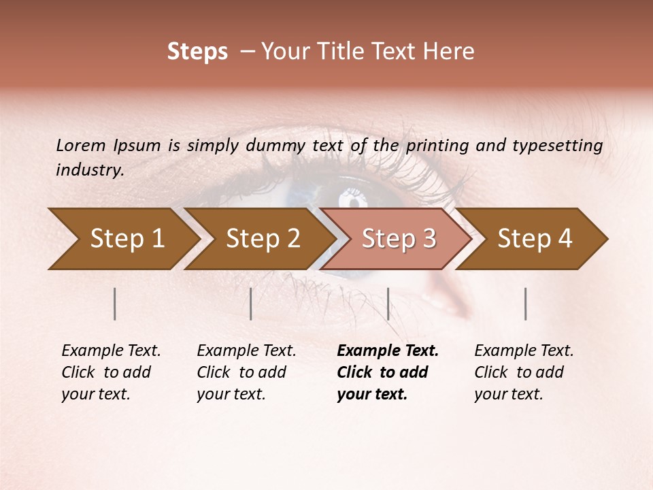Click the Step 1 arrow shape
(122, 239)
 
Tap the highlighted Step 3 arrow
(398, 239)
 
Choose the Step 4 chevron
(535, 239)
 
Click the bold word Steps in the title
(197, 52)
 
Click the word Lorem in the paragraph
(81, 146)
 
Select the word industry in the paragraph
(90, 170)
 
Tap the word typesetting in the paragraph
(557, 146)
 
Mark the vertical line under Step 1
(115, 304)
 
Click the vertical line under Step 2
(251, 304)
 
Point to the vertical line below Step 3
(388, 304)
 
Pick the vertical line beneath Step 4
(526, 304)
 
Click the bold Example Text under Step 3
(388, 351)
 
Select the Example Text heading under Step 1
(111, 351)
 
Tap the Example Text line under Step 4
(524, 351)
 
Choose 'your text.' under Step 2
(231, 394)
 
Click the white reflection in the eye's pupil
(353, 199)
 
